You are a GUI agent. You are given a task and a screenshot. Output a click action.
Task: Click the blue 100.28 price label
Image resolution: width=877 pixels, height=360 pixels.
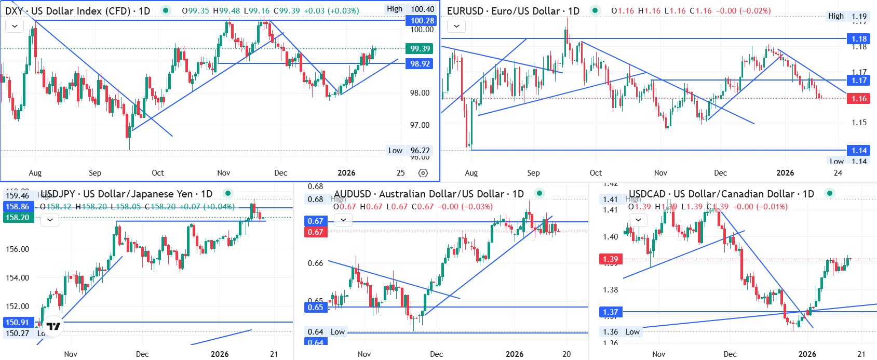point(421,21)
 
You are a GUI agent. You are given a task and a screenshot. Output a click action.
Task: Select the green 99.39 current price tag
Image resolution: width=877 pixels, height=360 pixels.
point(420,49)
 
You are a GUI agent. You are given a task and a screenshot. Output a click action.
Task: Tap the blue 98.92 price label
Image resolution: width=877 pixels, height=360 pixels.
point(420,64)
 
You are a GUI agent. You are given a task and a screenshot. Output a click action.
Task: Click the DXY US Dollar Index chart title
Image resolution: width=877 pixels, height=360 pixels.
point(77,11)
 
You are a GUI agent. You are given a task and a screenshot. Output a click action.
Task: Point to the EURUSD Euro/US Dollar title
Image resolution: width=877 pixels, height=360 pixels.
point(513,11)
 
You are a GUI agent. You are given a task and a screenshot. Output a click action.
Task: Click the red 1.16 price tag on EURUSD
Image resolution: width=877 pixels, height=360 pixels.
point(859,99)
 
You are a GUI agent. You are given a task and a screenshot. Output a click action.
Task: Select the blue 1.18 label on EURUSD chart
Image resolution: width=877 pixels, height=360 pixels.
point(859,39)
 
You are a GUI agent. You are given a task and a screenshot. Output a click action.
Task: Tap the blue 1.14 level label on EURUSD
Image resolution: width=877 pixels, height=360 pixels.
point(859,151)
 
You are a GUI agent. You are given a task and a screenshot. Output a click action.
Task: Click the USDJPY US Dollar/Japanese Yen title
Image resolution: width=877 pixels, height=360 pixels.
point(126,194)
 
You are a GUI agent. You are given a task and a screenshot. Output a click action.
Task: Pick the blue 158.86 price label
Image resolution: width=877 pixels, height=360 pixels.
point(17,207)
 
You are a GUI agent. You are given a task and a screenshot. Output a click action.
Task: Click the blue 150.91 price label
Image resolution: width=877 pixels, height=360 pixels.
point(17,323)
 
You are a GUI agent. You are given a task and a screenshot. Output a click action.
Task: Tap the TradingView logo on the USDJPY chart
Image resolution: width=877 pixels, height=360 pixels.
point(53,326)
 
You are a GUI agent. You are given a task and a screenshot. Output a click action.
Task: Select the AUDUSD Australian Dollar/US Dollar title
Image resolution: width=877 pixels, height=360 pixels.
point(428,194)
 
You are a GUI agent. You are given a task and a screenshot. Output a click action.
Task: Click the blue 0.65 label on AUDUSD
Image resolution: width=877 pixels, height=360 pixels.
point(315,307)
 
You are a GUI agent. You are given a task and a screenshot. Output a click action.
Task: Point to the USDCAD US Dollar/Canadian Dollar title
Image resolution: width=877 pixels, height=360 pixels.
point(721,194)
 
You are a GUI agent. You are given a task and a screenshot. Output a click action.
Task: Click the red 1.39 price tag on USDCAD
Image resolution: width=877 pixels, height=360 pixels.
point(610,259)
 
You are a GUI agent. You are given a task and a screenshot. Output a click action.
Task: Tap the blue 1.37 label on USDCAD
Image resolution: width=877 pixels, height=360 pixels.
point(610,312)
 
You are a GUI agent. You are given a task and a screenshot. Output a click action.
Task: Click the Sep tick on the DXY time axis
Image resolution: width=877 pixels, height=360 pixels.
point(95,173)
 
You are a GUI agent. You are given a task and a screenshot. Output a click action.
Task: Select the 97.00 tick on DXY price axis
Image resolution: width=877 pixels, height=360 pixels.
point(420,125)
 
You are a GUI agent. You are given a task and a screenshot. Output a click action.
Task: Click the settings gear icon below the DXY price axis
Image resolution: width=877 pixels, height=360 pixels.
point(423,173)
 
